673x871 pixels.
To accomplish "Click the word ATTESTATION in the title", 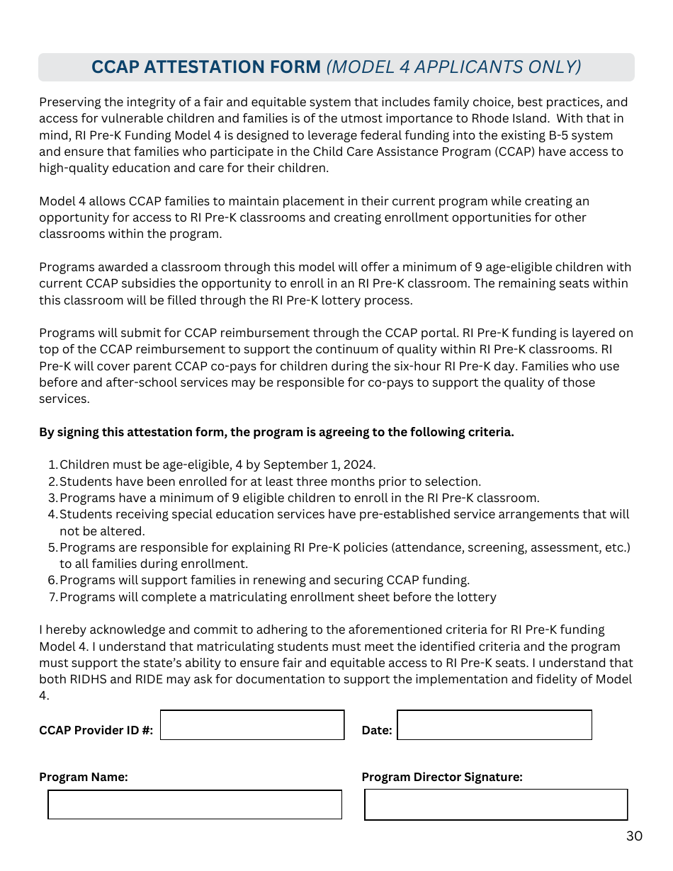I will [x=232, y=67].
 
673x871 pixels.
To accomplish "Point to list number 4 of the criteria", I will [x=52, y=515].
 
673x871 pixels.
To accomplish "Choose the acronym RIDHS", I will [x=86, y=680].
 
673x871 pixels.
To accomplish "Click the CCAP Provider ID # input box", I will [x=252, y=725].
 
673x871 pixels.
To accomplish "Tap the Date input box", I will [x=494, y=725].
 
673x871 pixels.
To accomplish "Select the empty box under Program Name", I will [x=195, y=805].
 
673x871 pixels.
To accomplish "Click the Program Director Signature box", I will [x=496, y=805].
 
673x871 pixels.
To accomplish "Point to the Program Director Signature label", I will [x=442, y=778].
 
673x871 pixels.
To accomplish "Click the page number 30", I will [x=634, y=836].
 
